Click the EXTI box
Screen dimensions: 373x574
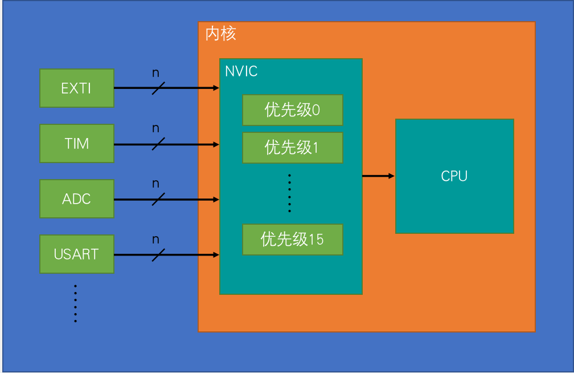tap(77, 88)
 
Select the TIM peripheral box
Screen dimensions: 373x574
tap(77, 143)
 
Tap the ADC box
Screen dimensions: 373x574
tap(77, 199)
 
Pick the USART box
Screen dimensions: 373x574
tap(77, 254)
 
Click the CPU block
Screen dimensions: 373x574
tap(454, 176)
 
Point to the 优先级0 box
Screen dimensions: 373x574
tap(292, 110)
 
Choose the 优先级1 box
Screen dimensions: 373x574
tap(292, 147)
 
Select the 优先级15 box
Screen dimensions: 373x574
tap(292, 239)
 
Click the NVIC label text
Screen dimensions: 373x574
tap(241, 71)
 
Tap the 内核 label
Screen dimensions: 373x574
tap(220, 34)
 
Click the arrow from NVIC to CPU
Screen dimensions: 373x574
tap(378, 176)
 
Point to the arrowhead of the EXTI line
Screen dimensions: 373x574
tap(216, 88)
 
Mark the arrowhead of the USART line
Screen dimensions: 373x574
tap(216, 254)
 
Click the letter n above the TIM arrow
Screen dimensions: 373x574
tap(155, 128)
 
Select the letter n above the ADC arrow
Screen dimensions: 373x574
tap(155, 184)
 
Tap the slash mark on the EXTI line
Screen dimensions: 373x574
tap(158, 88)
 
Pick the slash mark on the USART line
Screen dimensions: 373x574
tap(158, 254)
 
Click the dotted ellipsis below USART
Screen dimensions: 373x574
tap(75, 303)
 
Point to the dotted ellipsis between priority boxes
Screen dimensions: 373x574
tap(289, 193)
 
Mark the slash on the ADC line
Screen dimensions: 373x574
tap(158, 199)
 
